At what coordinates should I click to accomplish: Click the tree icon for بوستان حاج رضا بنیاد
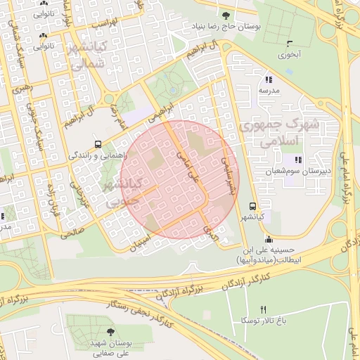(225, 15)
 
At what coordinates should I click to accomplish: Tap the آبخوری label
(289, 54)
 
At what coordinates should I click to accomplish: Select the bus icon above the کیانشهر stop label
(252, 206)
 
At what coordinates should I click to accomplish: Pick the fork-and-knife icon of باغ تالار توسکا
(264, 309)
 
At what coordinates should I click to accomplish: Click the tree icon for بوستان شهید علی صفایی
(110, 331)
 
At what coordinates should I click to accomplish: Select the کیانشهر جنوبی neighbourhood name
(122, 192)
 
